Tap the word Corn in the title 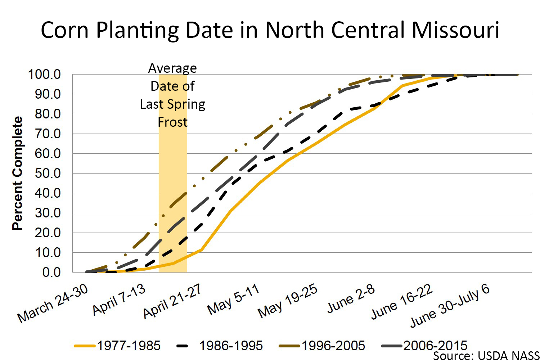pos(64,30)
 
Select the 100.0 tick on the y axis pos(44,75)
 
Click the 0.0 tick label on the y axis pos(51,273)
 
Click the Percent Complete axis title pos(17,173)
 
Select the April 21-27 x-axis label pos(172,302)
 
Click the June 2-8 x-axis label pos(351,298)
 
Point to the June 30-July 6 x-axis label pos(450,306)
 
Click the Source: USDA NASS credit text pos(486,355)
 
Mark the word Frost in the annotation pos(173,122)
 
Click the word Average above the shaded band pos(173,68)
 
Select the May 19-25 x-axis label pos(288,301)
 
